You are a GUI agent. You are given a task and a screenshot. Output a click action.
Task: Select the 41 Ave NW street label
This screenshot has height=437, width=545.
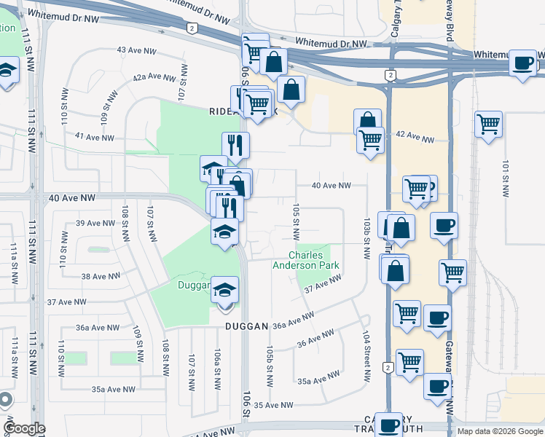click(94, 137)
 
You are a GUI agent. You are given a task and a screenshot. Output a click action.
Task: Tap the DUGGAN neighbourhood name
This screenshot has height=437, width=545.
click(247, 326)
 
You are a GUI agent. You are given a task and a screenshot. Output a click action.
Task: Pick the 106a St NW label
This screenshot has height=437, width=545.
click(217, 368)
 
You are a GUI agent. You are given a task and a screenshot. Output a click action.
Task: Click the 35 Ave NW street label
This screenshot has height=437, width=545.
click(273, 405)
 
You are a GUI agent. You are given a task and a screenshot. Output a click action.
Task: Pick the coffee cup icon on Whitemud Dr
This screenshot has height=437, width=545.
click(523, 63)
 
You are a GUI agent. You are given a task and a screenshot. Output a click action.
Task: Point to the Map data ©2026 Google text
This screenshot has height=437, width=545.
click(500, 431)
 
